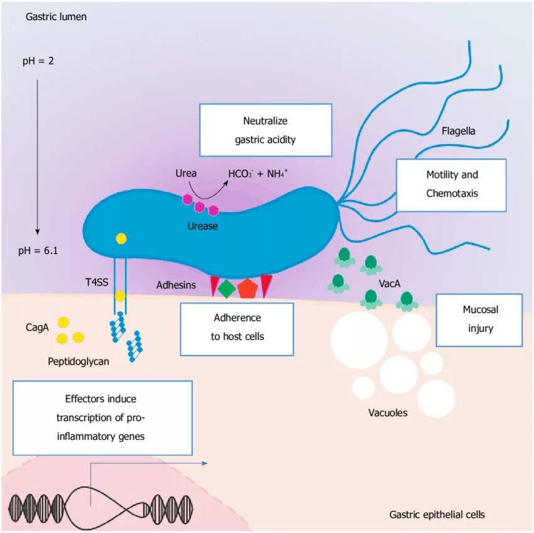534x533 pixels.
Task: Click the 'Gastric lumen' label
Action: pyautogui.click(x=56, y=17)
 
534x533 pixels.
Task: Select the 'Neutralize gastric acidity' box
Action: pyautogui.click(x=265, y=130)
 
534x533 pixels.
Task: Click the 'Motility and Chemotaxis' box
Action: pyautogui.click(x=451, y=184)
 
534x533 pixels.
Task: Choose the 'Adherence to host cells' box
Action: pyautogui.click(x=237, y=327)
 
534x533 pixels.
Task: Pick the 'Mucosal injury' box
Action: pyautogui.click(x=478, y=319)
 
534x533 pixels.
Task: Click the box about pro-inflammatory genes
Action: pyautogui.click(x=102, y=417)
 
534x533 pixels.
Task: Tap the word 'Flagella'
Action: pyautogui.click(x=458, y=131)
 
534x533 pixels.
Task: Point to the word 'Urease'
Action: pyautogui.click(x=202, y=226)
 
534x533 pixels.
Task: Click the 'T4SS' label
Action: pyautogui.click(x=95, y=282)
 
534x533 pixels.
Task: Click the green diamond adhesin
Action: pyautogui.click(x=226, y=288)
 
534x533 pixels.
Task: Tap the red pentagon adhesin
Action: pyautogui.click(x=247, y=287)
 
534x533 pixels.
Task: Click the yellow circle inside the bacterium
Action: pyautogui.click(x=121, y=238)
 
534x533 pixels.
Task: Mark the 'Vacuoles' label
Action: pyautogui.click(x=388, y=413)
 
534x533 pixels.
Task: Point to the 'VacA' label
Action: pyautogui.click(x=390, y=284)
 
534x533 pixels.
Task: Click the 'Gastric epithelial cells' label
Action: pyautogui.click(x=437, y=515)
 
